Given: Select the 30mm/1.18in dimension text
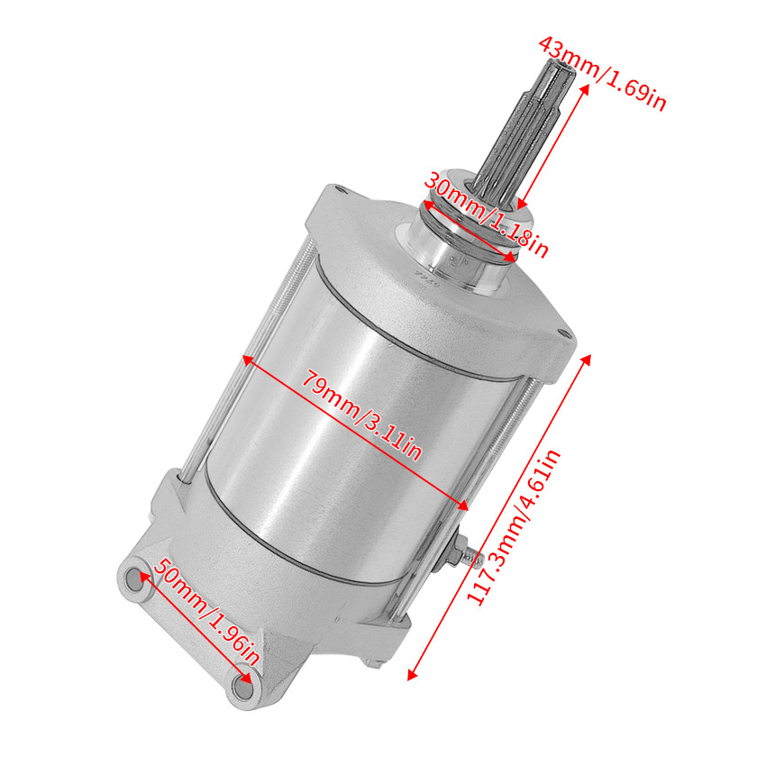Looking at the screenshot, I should click(x=487, y=214).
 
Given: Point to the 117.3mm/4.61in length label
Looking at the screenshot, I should click(x=515, y=527).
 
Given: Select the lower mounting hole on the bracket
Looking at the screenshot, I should click(x=240, y=689).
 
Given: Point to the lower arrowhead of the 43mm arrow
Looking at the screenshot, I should click(x=520, y=206).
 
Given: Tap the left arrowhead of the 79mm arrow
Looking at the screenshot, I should click(x=245, y=359).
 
